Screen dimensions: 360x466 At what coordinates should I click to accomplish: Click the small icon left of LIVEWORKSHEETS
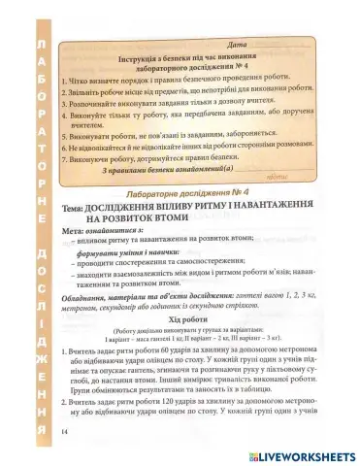(x=254, y=452)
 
